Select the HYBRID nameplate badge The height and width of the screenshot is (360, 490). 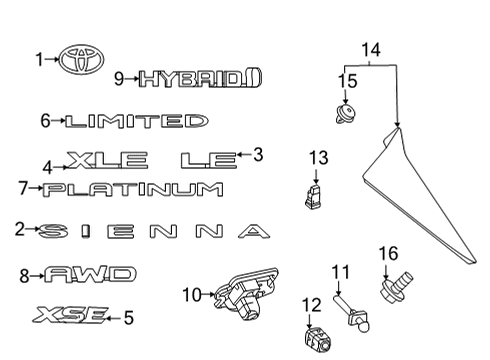199,77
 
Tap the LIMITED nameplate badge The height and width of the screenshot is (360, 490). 135,121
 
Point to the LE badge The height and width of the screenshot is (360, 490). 208,158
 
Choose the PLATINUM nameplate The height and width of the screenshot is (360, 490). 133,188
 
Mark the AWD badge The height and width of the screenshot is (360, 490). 90,273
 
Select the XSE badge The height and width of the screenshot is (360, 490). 69,316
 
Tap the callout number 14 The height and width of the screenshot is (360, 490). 371,48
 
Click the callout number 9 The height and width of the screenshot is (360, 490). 118,77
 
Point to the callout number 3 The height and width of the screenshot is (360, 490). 258,154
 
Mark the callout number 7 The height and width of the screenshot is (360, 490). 23,187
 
